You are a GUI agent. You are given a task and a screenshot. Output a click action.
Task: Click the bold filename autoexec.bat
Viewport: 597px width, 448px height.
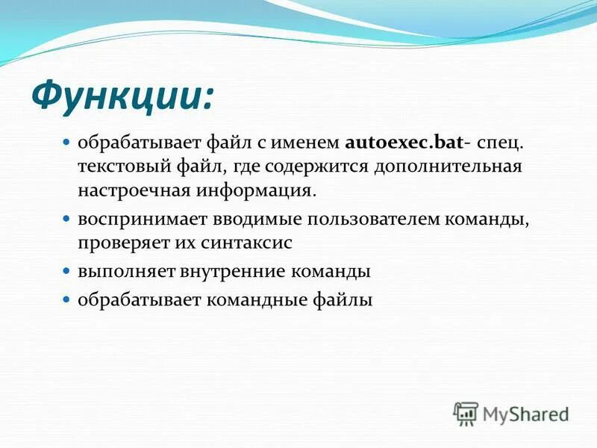[404, 141]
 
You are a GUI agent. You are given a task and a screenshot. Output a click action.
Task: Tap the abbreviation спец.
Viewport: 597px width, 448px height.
[496, 141]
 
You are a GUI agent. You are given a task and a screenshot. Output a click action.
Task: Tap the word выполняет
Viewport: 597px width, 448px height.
[126, 272]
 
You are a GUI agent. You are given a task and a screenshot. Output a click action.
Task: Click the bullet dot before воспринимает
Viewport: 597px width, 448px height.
[66, 220]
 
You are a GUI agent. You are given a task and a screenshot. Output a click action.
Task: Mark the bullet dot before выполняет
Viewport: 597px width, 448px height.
[66, 272]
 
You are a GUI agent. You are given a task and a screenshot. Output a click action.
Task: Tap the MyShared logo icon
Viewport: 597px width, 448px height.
[466, 413]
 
